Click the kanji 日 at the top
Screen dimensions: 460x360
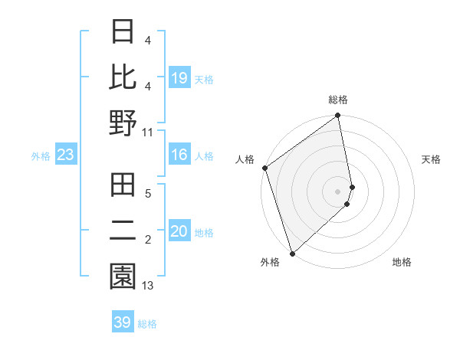coord(123,31)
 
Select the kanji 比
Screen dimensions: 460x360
coord(123,77)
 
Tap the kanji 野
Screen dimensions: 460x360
coord(123,123)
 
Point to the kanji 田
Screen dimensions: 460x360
coord(123,185)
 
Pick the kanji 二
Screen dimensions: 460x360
coord(123,231)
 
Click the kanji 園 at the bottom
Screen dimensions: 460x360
coord(123,277)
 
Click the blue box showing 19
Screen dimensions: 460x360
coord(179,78)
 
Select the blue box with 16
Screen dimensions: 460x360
coord(179,155)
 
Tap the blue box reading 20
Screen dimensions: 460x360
coord(179,232)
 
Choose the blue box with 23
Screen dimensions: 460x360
coord(66,155)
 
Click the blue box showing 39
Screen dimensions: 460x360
coord(123,322)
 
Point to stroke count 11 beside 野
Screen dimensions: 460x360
coord(148,131)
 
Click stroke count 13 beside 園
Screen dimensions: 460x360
coord(148,286)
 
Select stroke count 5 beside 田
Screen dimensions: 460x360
coord(148,194)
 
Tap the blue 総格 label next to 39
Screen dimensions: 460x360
coord(147,324)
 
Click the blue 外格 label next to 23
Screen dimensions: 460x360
coord(41,156)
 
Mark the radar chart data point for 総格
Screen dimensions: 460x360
coord(338,116)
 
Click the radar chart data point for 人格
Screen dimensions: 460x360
coord(264,168)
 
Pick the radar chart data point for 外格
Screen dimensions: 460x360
coord(292,253)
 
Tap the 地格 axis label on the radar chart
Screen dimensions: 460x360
coord(402,263)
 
